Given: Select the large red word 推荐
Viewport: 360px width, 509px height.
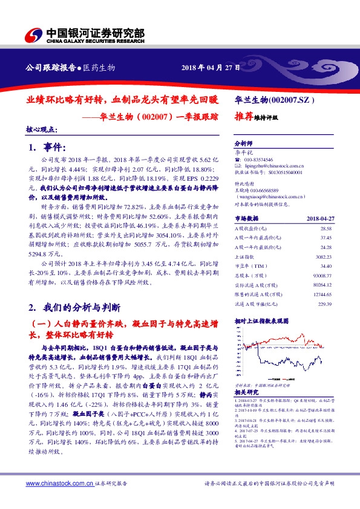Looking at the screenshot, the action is coord(243,118).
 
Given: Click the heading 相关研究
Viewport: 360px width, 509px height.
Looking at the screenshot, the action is coord(245,392).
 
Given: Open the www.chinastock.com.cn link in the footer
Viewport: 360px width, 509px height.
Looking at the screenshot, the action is coord(58,484).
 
